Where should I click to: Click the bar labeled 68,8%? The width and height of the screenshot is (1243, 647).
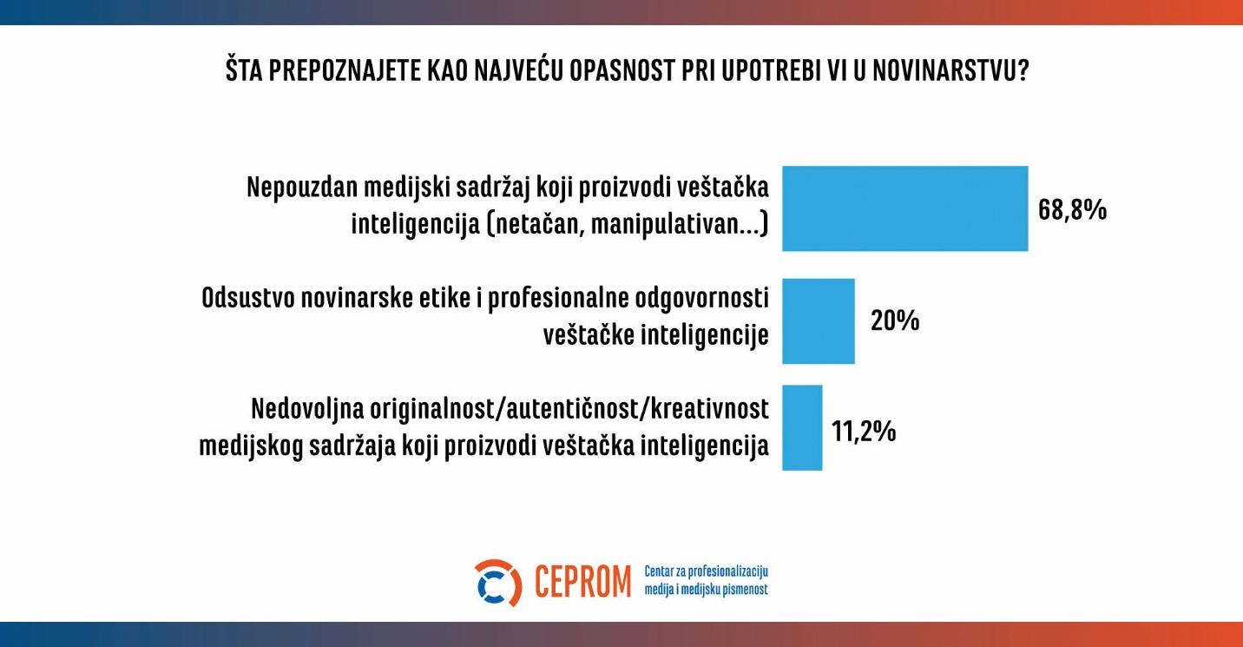[905, 208]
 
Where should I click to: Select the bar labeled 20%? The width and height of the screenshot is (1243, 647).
[819, 321]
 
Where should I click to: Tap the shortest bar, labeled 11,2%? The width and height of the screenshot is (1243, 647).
[802, 428]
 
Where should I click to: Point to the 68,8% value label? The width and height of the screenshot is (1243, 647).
[1072, 210]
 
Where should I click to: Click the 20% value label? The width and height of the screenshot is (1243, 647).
[894, 321]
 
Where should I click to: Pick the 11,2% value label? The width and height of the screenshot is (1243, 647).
[864, 431]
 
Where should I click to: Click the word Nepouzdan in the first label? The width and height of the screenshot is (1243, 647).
[299, 188]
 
